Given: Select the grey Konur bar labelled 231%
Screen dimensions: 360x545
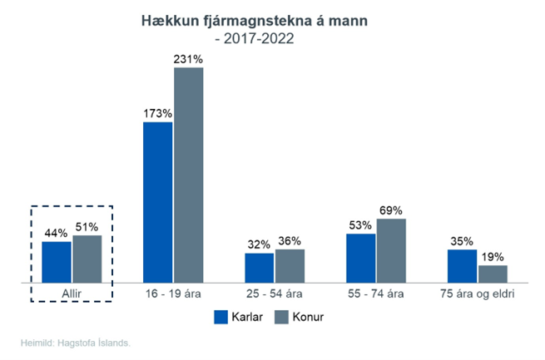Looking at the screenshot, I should (x=188, y=175).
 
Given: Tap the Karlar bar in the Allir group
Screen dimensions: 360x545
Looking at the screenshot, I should (x=57, y=262).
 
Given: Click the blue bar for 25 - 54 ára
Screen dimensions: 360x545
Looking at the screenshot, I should (x=260, y=268).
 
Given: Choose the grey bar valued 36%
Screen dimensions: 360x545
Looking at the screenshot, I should (x=290, y=266).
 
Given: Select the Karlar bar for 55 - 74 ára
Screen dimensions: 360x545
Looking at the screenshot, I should (x=361, y=258).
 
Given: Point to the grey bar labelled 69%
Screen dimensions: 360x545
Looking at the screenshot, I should (x=391, y=250).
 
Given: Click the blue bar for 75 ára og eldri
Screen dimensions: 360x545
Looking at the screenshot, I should (x=463, y=266).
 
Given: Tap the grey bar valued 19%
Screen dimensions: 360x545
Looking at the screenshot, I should (x=493, y=274).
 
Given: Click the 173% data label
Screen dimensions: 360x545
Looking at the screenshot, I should (x=157, y=113).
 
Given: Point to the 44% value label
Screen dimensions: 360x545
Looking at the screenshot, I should (x=57, y=233).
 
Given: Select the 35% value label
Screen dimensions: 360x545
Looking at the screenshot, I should (x=463, y=240).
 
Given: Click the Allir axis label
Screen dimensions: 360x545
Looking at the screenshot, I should (x=72, y=293).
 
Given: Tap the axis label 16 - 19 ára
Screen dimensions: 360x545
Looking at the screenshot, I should (x=173, y=293).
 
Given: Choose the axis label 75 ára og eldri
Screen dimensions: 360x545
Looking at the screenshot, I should (x=478, y=293).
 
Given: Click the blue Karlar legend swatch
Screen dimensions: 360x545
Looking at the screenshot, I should (x=221, y=317).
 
